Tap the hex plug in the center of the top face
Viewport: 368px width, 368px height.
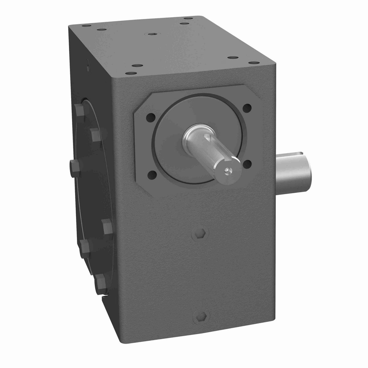pos(151,34)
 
